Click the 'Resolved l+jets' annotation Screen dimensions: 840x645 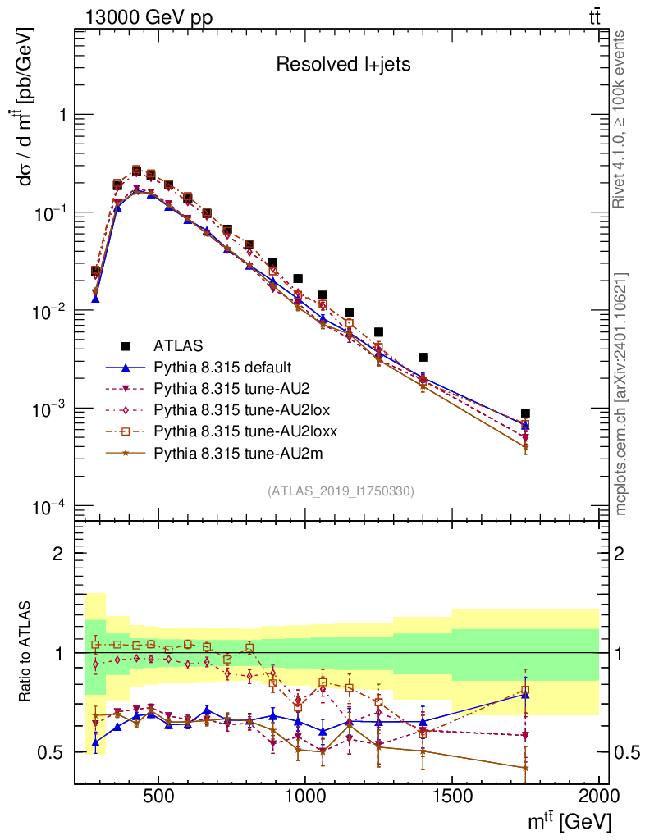(343, 65)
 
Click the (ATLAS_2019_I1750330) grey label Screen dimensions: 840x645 (341, 491)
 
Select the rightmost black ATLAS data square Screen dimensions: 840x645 (525, 413)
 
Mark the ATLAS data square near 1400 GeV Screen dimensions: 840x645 (423, 358)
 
